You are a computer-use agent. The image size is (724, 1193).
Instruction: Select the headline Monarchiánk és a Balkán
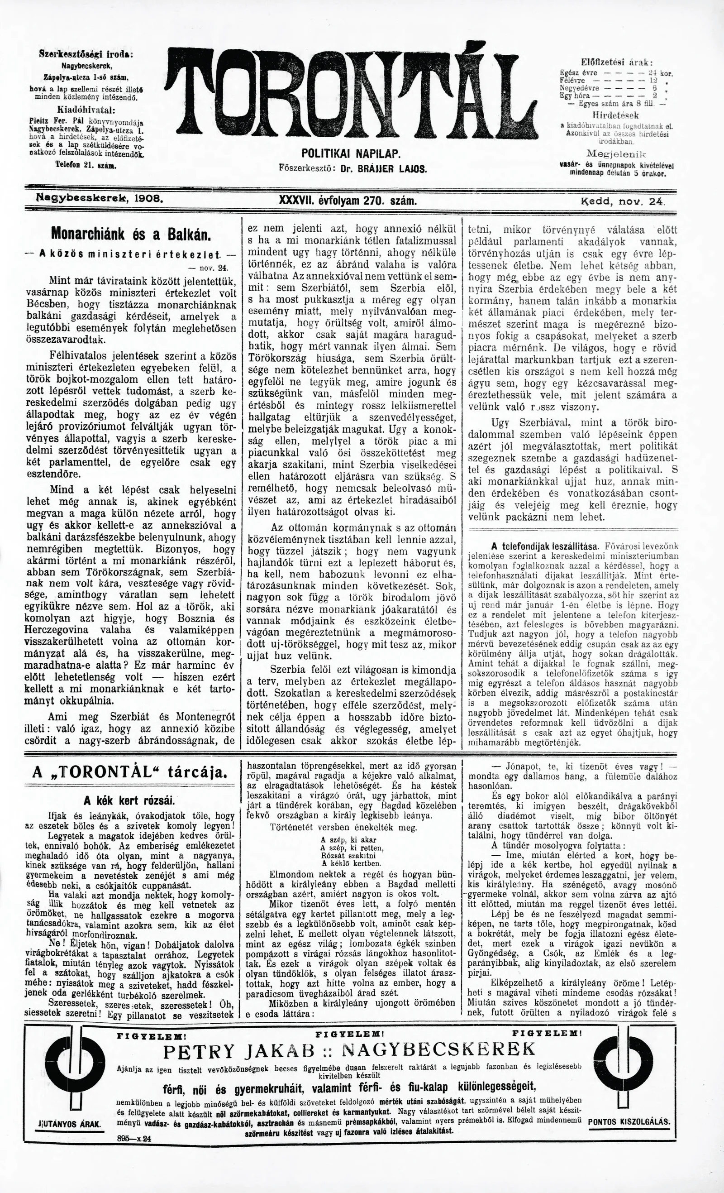pyautogui.click(x=131, y=234)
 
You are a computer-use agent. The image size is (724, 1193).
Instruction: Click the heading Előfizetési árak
pyautogui.click(x=617, y=62)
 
